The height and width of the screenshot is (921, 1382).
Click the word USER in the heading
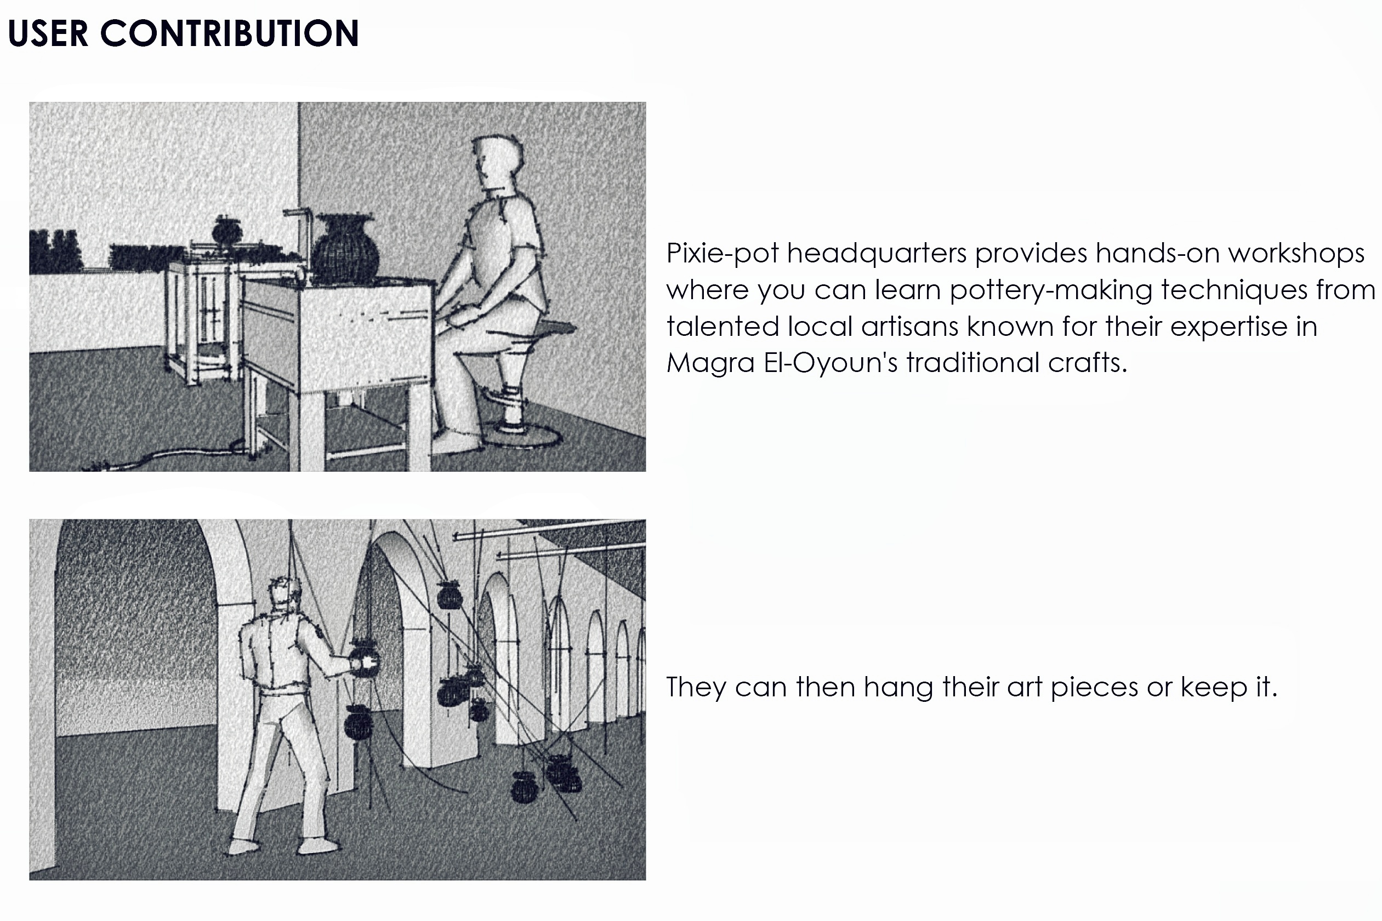(48, 33)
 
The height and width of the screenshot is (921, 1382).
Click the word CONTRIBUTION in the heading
(230, 33)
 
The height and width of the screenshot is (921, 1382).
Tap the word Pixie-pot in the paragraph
(722, 254)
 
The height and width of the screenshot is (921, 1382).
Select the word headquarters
(877, 254)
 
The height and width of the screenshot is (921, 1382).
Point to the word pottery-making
(1050, 291)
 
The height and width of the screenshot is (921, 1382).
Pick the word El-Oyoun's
(831, 363)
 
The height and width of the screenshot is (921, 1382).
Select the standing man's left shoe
(243, 846)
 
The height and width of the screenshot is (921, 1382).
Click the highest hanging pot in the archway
(450, 595)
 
